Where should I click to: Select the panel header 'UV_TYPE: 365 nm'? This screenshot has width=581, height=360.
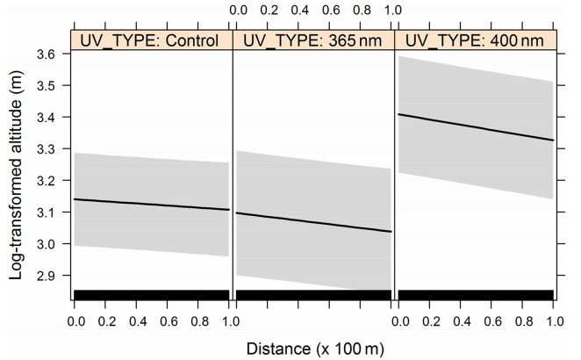(312, 41)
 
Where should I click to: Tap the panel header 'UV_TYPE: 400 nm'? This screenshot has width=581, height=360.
(474, 41)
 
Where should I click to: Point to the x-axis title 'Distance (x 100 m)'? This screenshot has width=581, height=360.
(313, 345)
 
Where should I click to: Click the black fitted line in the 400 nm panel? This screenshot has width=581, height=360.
(474, 127)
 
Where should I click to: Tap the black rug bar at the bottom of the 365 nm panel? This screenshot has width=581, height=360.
(312, 294)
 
